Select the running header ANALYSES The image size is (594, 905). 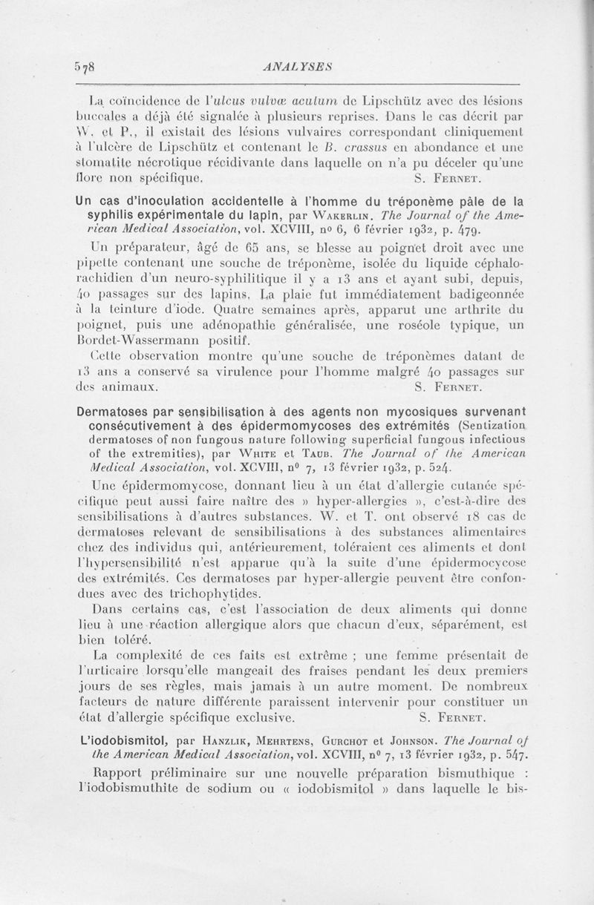[296, 65]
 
